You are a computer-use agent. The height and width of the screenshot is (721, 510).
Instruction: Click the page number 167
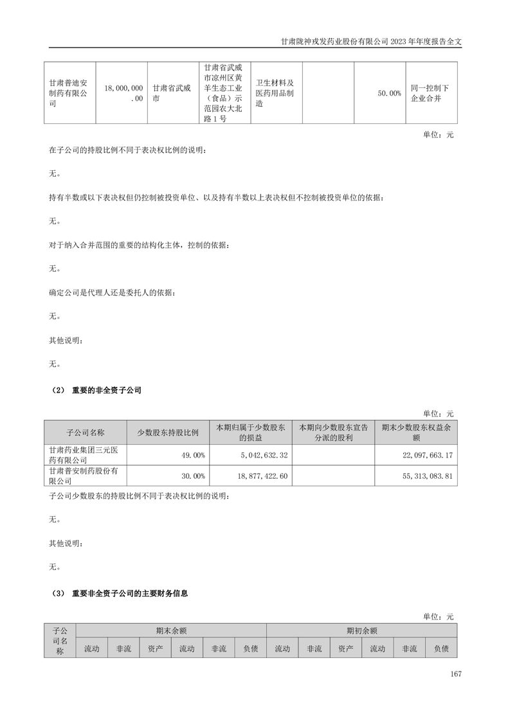(456, 674)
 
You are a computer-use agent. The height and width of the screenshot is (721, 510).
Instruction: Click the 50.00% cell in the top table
(389, 93)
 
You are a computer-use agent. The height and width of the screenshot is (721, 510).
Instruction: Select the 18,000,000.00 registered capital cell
(121, 93)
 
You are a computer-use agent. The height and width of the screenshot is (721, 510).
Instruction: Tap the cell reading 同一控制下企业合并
(430, 93)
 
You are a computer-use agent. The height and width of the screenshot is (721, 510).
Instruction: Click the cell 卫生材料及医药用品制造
(275, 93)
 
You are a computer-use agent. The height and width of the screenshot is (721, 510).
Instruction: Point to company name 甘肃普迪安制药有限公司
(69, 93)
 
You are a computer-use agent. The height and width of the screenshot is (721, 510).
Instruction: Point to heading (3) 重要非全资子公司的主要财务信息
(119, 594)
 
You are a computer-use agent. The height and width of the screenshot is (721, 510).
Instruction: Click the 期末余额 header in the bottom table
(171, 631)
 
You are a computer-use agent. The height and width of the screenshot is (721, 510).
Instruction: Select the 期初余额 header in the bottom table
(361, 631)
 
